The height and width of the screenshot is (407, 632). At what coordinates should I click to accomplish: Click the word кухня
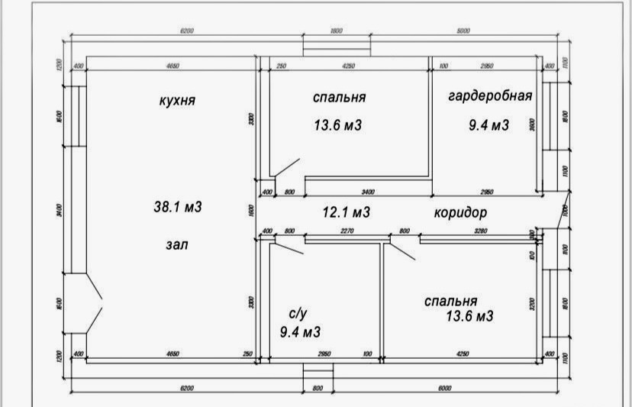(x=177, y=101)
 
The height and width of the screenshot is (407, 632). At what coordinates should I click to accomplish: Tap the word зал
(x=176, y=245)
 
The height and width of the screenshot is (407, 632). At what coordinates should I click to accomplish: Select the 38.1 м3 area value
(x=177, y=207)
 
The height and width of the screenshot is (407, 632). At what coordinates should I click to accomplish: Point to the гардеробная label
(x=489, y=96)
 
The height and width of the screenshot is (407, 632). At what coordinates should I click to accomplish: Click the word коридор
(x=459, y=212)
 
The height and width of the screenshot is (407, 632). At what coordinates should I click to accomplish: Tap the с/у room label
(x=298, y=314)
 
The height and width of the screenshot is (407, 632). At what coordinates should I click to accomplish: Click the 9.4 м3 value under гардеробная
(x=489, y=124)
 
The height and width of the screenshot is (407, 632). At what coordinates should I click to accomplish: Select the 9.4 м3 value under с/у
(x=300, y=332)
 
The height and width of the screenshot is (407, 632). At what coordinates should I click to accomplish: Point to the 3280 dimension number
(x=480, y=231)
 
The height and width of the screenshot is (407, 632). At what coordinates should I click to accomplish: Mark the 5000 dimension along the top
(x=463, y=31)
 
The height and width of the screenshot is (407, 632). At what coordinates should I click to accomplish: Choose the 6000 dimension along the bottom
(x=444, y=388)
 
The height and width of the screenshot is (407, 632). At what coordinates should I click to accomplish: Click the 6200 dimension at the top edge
(x=187, y=31)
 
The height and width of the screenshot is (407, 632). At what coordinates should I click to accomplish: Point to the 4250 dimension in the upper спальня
(x=349, y=66)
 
